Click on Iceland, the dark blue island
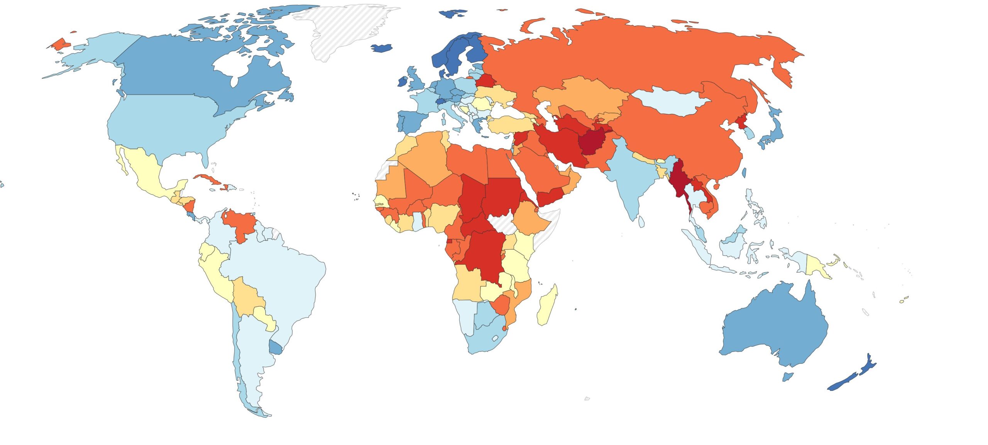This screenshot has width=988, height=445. (381, 48)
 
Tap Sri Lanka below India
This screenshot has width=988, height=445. (641, 221)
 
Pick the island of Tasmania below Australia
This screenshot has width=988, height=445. (787, 376)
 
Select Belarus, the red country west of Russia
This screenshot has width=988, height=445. (485, 81)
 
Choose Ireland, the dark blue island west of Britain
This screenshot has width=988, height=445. (403, 82)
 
